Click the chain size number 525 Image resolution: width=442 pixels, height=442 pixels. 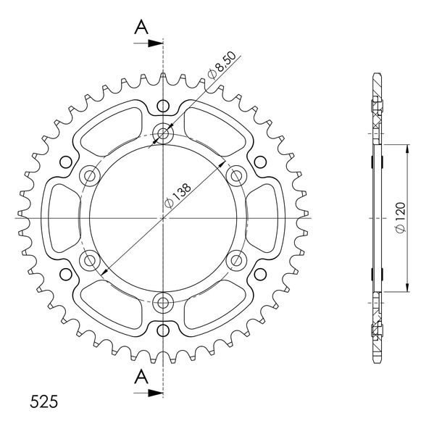(x=43, y=401)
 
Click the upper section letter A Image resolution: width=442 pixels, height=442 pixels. (x=141, y=28)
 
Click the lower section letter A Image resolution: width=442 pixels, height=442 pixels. (x=141, y=377)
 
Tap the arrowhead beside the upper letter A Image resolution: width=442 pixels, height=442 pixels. (x=156, y=43)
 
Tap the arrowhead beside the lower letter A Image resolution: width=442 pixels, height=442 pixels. (x=156, y=393)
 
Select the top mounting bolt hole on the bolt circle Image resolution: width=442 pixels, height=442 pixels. (x=163, y=133)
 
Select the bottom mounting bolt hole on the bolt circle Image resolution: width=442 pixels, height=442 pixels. (x=163, y=303)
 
